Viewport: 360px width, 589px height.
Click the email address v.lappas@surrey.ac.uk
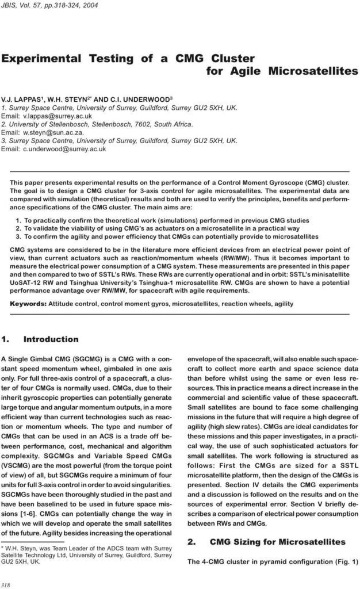[x=55, y=116]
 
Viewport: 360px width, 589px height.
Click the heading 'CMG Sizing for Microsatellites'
[x=278, y=542]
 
